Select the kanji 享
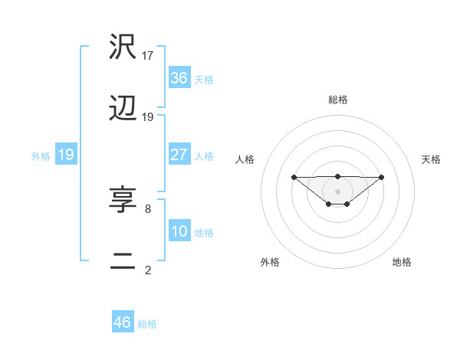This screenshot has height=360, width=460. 123,201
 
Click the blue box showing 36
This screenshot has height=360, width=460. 179,78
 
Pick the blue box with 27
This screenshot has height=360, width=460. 179,155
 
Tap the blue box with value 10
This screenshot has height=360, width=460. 179,231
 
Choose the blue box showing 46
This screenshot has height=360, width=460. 123,322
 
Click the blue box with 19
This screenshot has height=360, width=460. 66,155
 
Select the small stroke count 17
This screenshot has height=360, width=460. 148,55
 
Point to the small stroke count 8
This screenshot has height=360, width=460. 147,208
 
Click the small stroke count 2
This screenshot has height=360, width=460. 147,270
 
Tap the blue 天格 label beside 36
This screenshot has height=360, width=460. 204,79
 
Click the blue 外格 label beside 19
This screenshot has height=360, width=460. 41,155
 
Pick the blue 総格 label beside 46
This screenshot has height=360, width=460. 147,323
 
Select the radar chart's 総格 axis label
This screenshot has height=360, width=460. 337,100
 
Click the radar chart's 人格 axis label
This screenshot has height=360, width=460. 245,159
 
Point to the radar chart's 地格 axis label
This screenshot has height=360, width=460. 402,262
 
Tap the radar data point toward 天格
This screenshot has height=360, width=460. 382,178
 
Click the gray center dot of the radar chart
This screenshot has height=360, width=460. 337,191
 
